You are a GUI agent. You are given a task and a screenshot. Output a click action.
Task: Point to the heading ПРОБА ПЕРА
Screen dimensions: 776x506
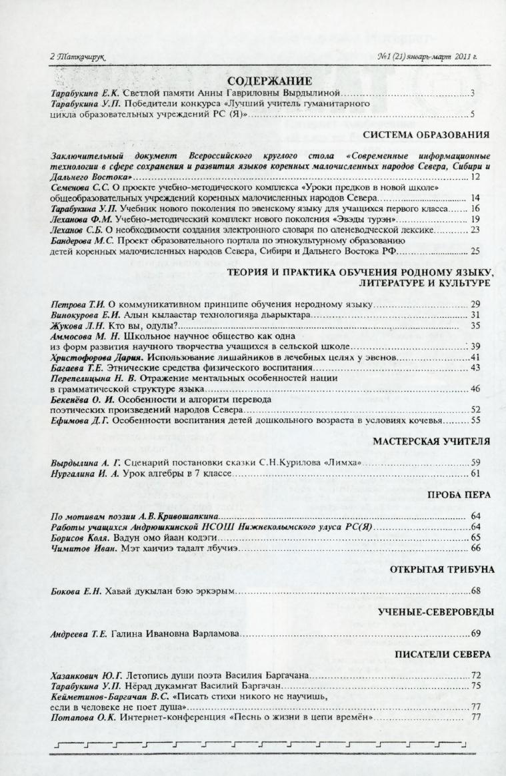coord(463,495)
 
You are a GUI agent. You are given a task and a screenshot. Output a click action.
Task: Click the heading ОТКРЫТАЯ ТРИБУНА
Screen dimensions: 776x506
coord(443,570)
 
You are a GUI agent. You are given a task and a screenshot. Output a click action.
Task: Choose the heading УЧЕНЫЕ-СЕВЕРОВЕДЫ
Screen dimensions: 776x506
coord(436,611)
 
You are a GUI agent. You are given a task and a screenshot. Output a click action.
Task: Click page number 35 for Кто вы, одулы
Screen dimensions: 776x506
coord(475,326)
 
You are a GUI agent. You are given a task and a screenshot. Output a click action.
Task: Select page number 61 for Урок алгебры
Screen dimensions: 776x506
coord(475,474)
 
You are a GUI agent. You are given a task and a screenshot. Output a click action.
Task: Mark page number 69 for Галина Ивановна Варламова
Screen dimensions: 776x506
coord(475,633)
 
